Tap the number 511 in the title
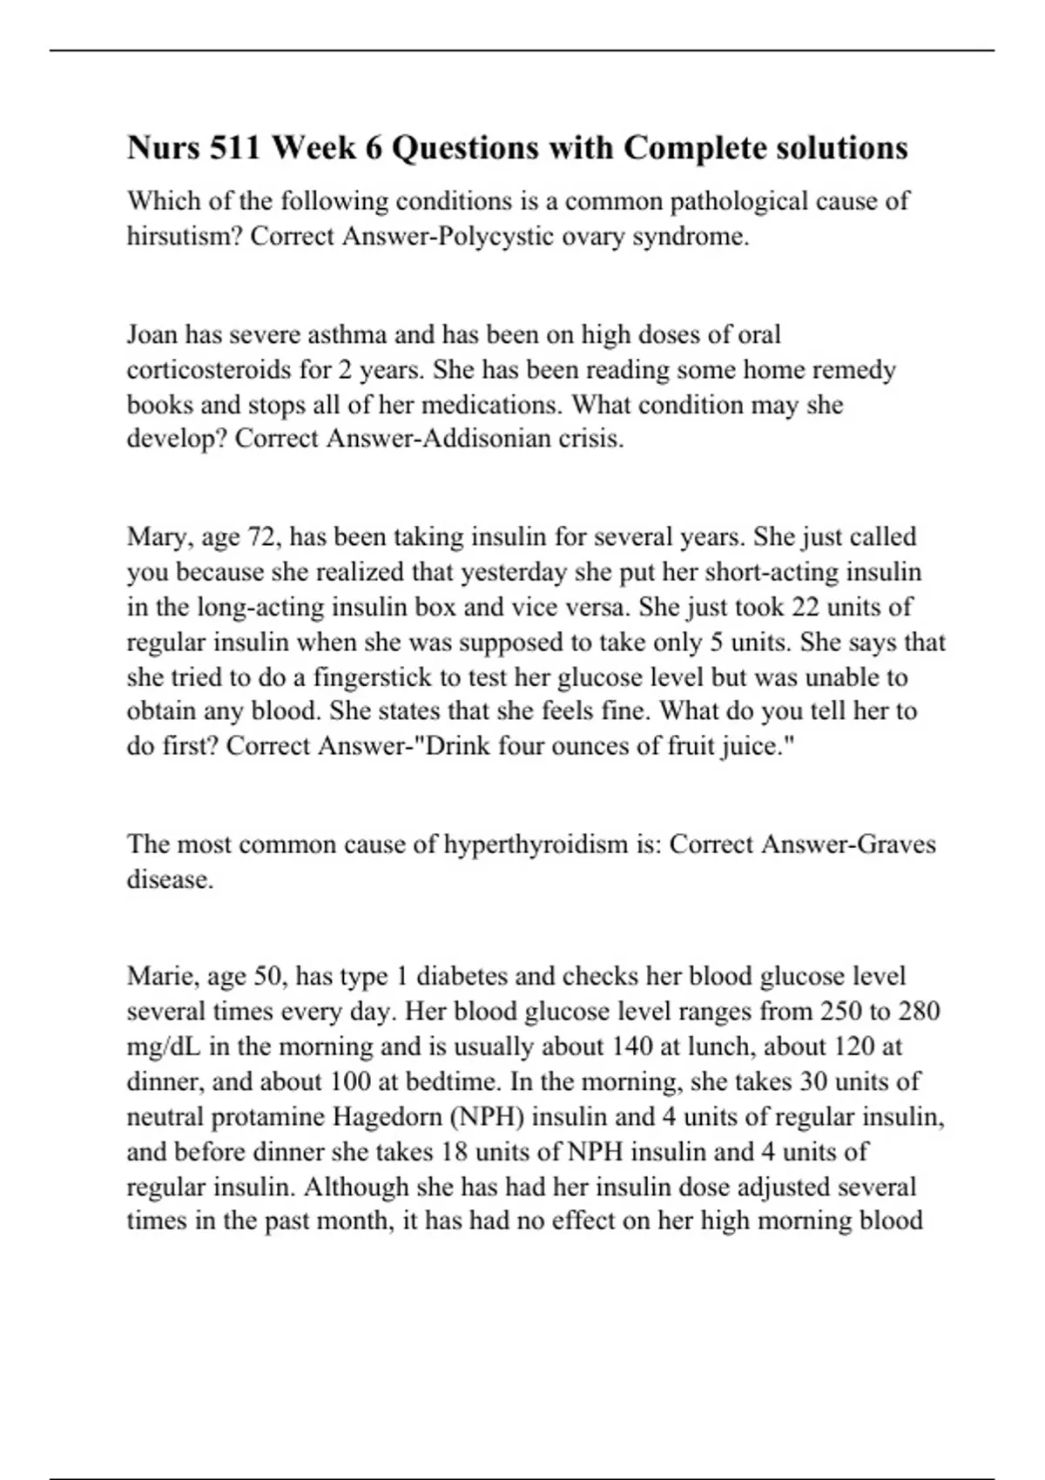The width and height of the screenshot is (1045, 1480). pyautogui.click(x=236, y=148)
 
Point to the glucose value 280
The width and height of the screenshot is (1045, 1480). pyautogui.click(x=918, y=1012)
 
